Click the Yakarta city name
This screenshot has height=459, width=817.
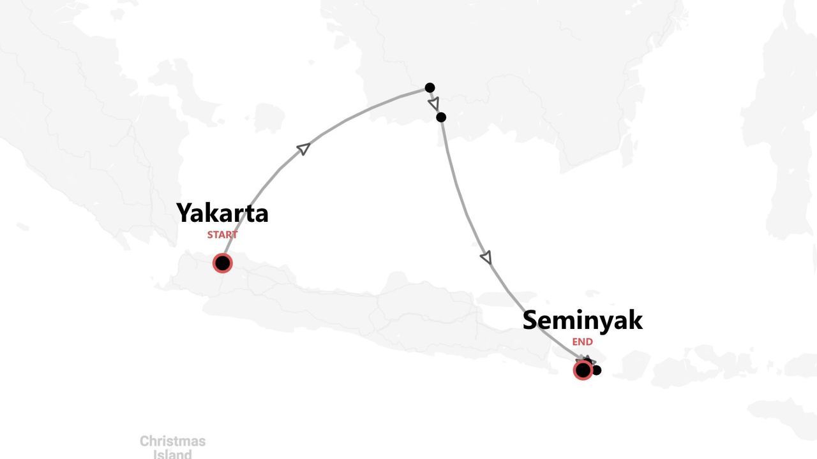222,213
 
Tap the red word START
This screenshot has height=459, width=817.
222,235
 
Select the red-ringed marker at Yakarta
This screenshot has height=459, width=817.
222,263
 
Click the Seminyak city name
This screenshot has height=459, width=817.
582,320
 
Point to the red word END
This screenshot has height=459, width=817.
582,342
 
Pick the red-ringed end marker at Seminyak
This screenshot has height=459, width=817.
582,370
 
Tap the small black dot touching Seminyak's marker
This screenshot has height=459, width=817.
597,370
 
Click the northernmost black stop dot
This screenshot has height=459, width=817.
430,87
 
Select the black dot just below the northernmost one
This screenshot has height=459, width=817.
440,117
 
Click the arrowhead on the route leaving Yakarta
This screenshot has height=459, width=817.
304,149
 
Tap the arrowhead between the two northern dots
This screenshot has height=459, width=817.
434,103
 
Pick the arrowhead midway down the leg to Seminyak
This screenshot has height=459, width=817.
486,258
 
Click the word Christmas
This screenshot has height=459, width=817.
172,441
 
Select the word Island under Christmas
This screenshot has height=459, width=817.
172,455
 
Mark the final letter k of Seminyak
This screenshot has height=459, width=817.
635,320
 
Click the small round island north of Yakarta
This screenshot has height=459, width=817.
269,118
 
